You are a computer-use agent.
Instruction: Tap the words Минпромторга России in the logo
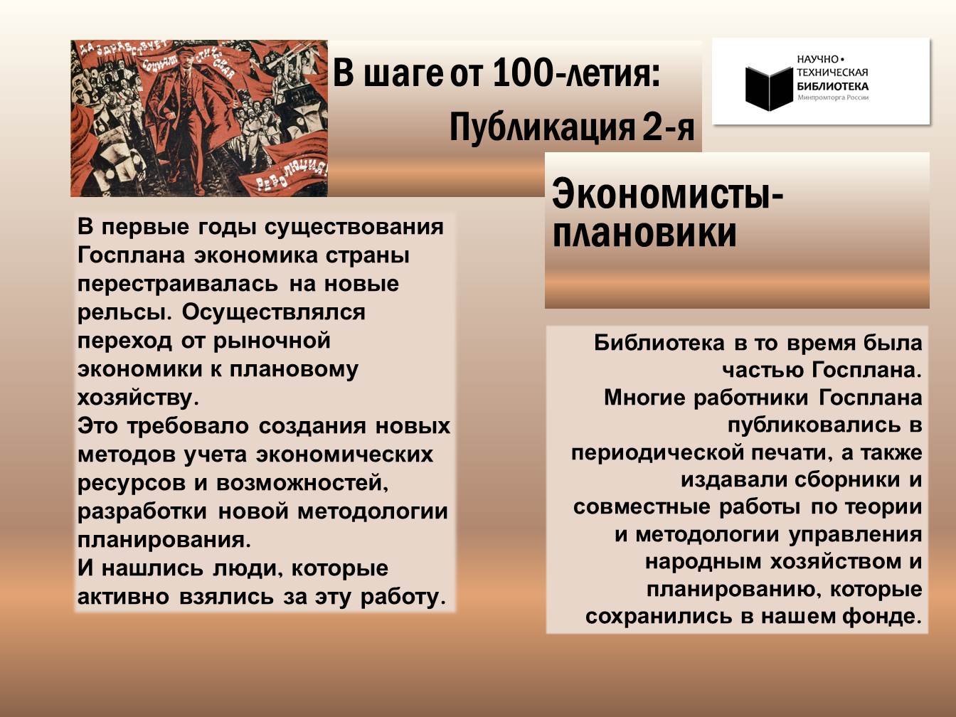pyautogui.click(x=833, y=97)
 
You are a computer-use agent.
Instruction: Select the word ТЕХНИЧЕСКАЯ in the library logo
pyautogui.click(x=832, y=73)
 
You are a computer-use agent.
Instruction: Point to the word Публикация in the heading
pyautogui.click(x=541, y=127)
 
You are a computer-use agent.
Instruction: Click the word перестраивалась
pyautogui.click(x=178, y=285)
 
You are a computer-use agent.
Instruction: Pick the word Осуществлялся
pyautogui.click(x=274, y=312)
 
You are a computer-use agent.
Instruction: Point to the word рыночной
pyautogui.click(x=272, y=341)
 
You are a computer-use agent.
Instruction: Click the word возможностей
pyautogui.click(x=302, y=483)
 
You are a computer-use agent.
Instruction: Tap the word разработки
pyautogui.click(x=142, y=511)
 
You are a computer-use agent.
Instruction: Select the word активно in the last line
pyautogui.click(x=123, y=596)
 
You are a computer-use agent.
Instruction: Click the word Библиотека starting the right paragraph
pyautogui.click(x=659, y=343)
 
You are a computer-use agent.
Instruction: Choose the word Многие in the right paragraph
pyautogui.click(x=644, y=398)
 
